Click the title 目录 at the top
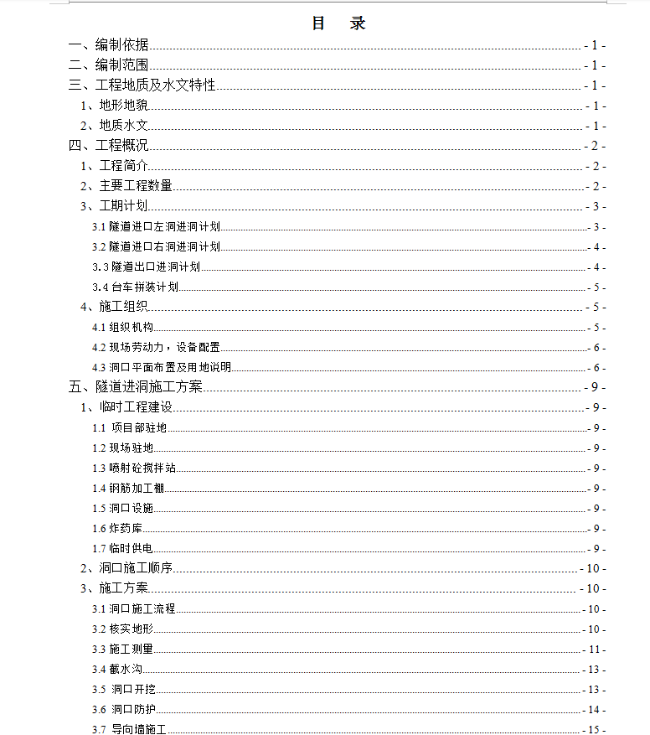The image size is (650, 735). tap(338, 23)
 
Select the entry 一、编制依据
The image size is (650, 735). tap(109, 46)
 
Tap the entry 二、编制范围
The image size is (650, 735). tap(109, 65)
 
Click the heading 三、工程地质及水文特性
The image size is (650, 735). tap(143, 85)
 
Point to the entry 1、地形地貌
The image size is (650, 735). tap(115, 106)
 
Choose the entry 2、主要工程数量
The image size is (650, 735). tap(126, 186)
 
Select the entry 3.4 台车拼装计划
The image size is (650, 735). tap(136, 287)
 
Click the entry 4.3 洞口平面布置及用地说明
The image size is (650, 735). tap(162, 368)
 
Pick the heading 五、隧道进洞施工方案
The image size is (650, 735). tap(136, 387)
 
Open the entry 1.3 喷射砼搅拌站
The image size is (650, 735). tap(134, 468)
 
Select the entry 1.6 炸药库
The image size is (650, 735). tap(119, 529)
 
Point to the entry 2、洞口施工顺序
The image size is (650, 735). tap(126, 568)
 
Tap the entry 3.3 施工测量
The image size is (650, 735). tap(123, 650)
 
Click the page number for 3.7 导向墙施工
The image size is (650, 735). tap(595, 730)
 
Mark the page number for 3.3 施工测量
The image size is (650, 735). tap(595, 650)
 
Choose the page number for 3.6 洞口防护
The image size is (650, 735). tap(595, 710)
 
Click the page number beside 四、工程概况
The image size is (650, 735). tap(595, 146)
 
